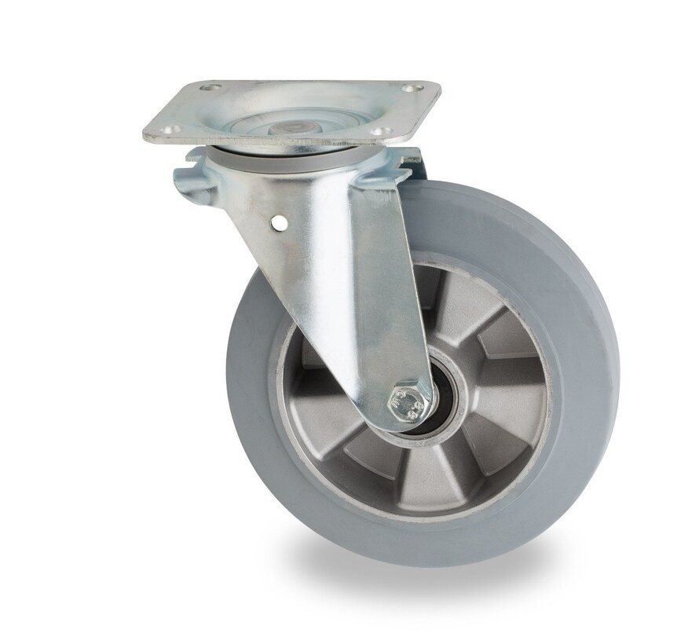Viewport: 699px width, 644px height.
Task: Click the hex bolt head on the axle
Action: coord(408,403)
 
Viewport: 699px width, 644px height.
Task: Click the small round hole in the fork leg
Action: coord(276,226)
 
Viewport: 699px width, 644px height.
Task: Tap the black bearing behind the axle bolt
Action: coord(437,408)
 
